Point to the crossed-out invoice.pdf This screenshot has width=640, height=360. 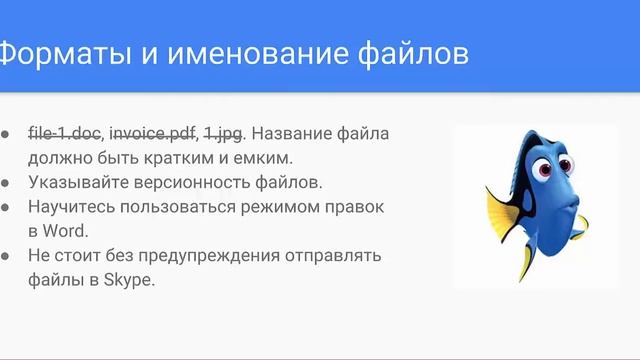(153, 133)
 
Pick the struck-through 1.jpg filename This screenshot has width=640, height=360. (222, 133)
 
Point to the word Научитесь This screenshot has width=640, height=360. (72, 207)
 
